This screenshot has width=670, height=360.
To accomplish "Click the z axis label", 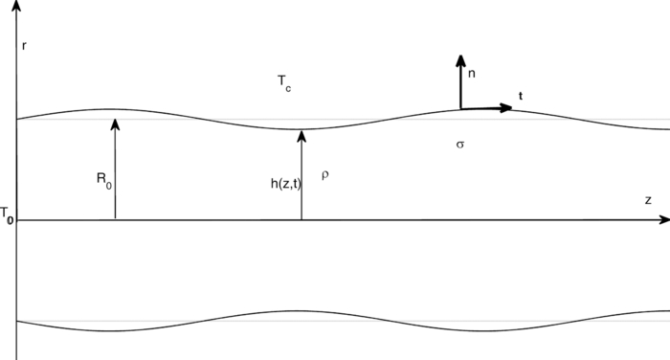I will pyautogui.click(x=648, y=200).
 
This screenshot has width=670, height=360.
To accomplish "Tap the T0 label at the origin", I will pyautogui.click(x=7, y=214).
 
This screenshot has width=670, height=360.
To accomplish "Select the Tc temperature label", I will pyautogui.click(x=284, y=85).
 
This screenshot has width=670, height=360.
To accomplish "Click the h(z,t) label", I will pyautogui.click(x=286, y=183).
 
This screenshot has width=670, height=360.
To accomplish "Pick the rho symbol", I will pyautogui.click(x=325, y=176).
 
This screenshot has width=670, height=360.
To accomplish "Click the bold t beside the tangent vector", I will pyautogui.click(x=521, y=96).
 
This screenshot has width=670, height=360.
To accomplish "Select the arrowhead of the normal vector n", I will pyautogui.click(x=460, y=59).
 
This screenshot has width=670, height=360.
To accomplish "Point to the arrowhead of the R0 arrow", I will pyautogui.click(x=114, y=122).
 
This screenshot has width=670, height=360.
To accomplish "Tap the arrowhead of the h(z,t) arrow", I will pyautogui.click(x=301, y=135).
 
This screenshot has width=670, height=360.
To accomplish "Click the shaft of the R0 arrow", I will pyautogui.click(x=114, y=172).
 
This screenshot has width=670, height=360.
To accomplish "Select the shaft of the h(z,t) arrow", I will pyautogui.click(x=301, y=182).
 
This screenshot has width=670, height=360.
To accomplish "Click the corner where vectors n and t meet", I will pyautogui.click(x=460, y=108).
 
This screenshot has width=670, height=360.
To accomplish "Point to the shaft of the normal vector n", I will pyautogui.click(x=460, y=86).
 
